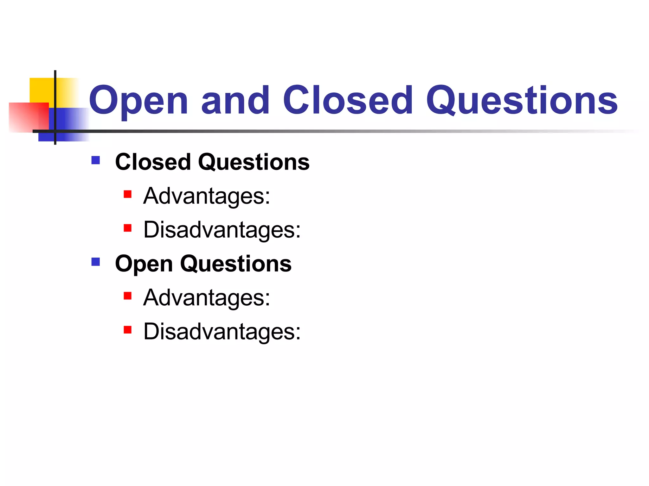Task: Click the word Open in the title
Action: pyautogui.click(x=139, y=101)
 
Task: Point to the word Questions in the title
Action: pyautogui.click(x=522, y=101)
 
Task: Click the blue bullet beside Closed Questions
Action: pyautogui.click(x=95, y=160)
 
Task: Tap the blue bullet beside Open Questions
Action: pyautogui.click(x=95, y=262)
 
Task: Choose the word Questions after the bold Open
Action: pyautogui.click(x=236, y=264)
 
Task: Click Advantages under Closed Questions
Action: pyautogui.click(x=206, y=196)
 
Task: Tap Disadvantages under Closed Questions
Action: pyautogui.click(x=222, y=230)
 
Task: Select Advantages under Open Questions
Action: pyautogui.click(x=206, y=298)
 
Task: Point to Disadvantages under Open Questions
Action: pyautogui.click(x=222, y=332)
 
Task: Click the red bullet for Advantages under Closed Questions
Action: pyautogui.click(x=127, y=194)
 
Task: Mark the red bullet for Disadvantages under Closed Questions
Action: pyautogui.click(x=127, y=228)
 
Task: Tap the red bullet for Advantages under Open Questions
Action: pyautogui.click(x=127, y=296)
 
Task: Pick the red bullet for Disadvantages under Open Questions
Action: pyautogui.click(x=127, y=330)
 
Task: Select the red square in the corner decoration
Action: pyautogui.click(x=24, y=117)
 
